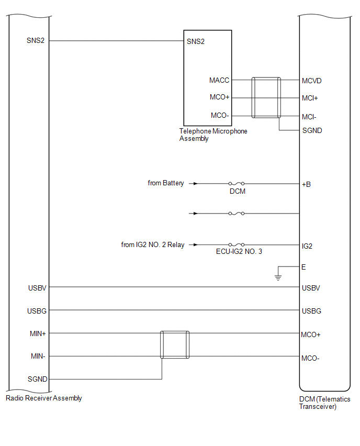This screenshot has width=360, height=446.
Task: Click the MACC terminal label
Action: pos(219,81)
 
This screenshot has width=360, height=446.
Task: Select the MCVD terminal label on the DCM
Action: pos(311,81)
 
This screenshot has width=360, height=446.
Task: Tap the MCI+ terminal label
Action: pos(310,98)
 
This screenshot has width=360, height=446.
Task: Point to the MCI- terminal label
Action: pos(309,116)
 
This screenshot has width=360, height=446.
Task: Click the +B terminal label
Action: pos(306,184)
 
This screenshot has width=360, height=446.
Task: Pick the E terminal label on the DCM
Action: pos(304,267)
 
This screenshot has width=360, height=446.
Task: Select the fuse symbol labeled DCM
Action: pos(237,184)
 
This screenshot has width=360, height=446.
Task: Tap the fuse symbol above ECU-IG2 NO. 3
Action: pos(237,244)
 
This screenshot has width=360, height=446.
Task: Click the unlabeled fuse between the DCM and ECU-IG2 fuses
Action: pos(237,214)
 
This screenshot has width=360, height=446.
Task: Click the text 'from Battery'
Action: pos(166,183)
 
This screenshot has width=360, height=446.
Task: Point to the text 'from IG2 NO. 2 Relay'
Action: pos(152,244)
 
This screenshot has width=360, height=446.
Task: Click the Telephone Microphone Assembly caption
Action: pos(213,135)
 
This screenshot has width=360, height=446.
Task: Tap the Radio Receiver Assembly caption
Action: pos(44,398)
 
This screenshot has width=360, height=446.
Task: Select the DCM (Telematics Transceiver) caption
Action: pos(321,403)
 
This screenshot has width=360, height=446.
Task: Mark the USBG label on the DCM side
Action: pos(311,311)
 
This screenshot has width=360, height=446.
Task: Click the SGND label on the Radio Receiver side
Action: pos(37,379)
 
